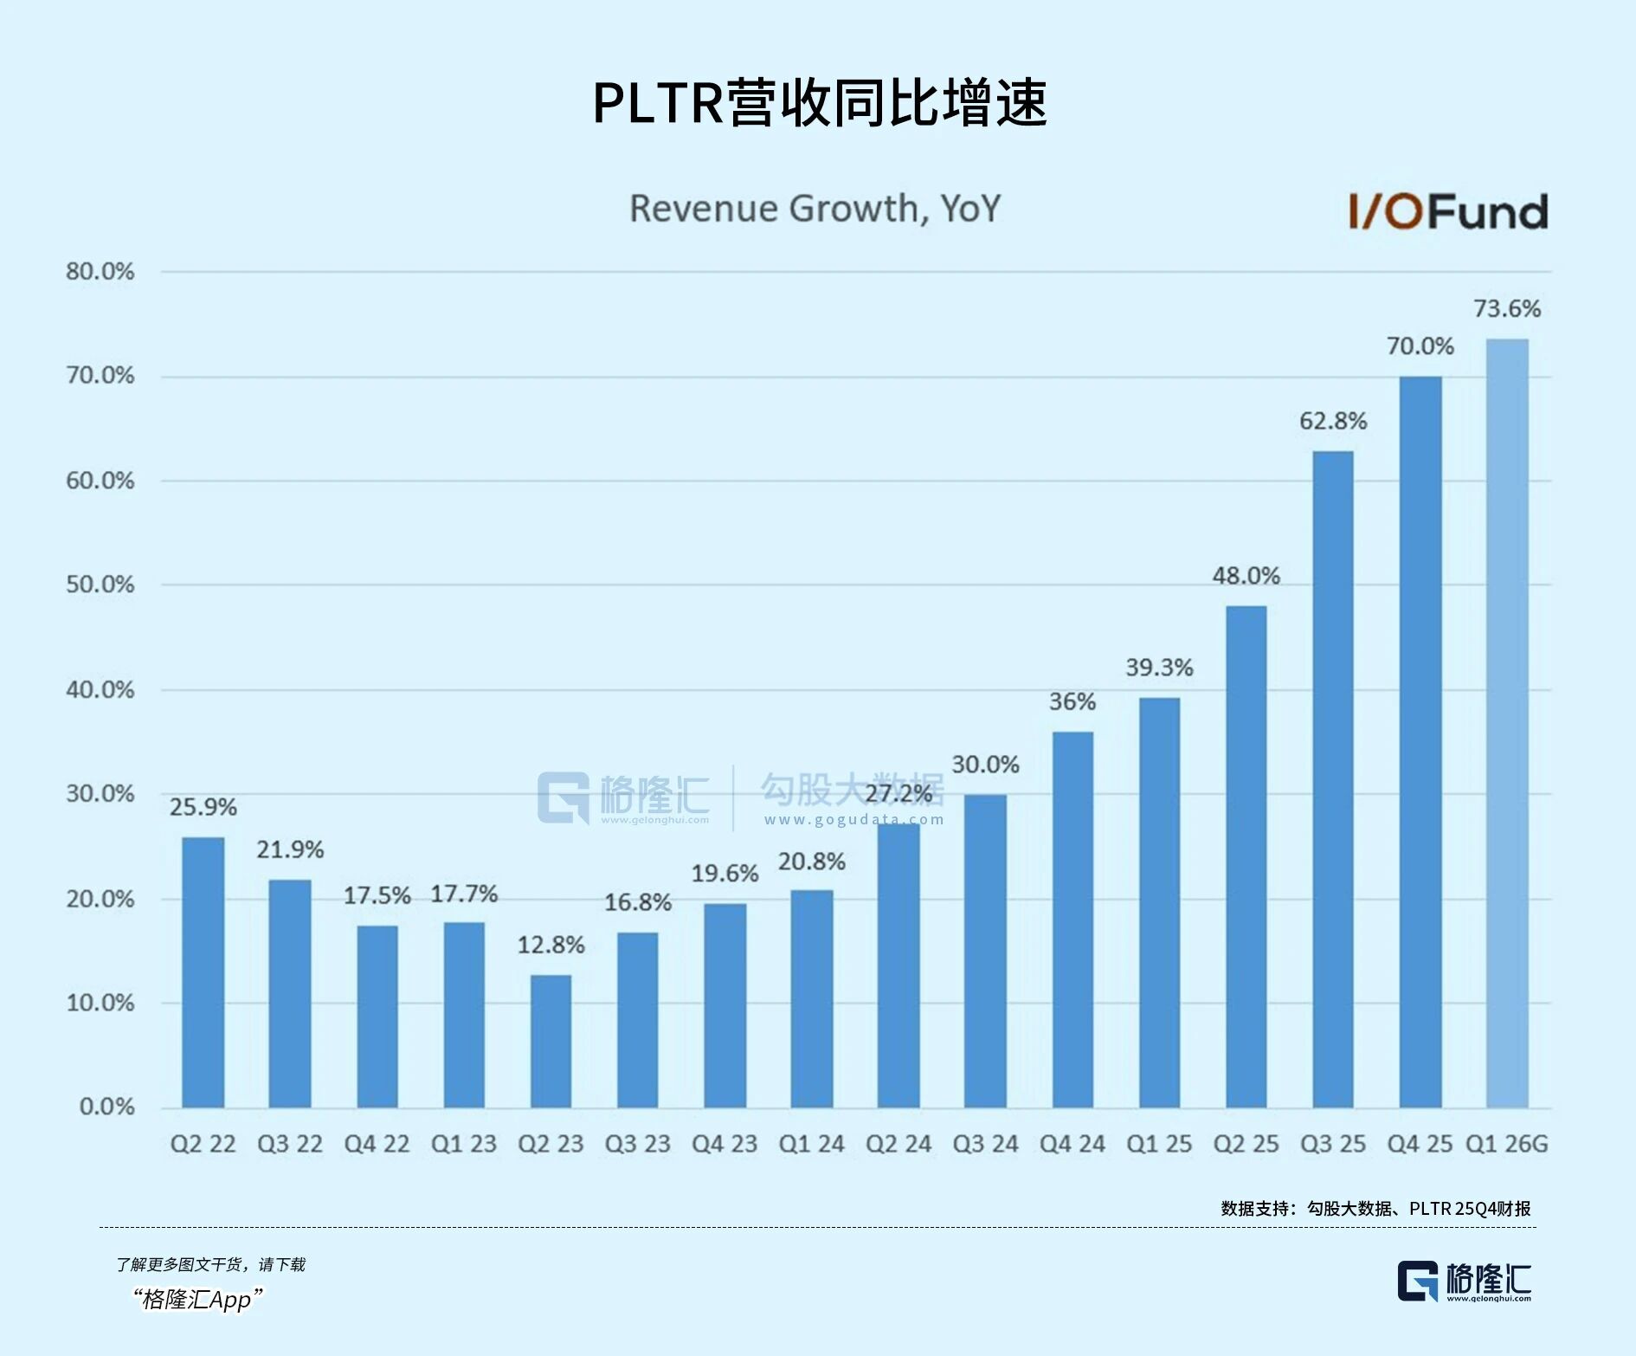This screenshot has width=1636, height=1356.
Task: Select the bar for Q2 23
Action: [x=551, y=1041]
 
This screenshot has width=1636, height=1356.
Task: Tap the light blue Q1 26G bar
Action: [x=1507, y=723]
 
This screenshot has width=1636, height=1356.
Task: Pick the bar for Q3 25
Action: [x=1333, y=779]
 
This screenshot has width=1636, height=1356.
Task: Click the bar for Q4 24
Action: [x=1072, y=920]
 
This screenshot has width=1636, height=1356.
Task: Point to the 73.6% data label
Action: [x=1507, y=308]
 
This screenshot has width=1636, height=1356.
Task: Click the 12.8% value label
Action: [x=551, y=945]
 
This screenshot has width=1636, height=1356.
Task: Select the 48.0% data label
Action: [x=1246, y=576]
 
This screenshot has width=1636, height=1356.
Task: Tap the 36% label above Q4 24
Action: [x=1072, y=701]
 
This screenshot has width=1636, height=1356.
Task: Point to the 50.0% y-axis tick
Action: [x=100, y=584]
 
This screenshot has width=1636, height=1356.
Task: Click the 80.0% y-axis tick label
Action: [x=100, y=272]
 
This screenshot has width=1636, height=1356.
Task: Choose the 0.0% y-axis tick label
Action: [x=106, y=1107]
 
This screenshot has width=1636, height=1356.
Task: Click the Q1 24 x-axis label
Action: [x=811, y=1144]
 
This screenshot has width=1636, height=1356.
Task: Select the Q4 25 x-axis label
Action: [x=1420, y=1144]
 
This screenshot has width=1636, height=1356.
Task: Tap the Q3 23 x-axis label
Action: [x=637, y=1144]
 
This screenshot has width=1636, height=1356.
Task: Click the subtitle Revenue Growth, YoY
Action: [x=815, y=209]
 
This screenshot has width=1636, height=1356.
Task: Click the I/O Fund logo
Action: [x=1448, y=212]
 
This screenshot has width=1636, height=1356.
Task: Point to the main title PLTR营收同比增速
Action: [x=819, y=103]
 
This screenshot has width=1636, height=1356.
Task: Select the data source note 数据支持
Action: [x=1375, y=1208]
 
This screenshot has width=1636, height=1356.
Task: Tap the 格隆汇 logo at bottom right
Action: [x=1464, y=1282]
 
